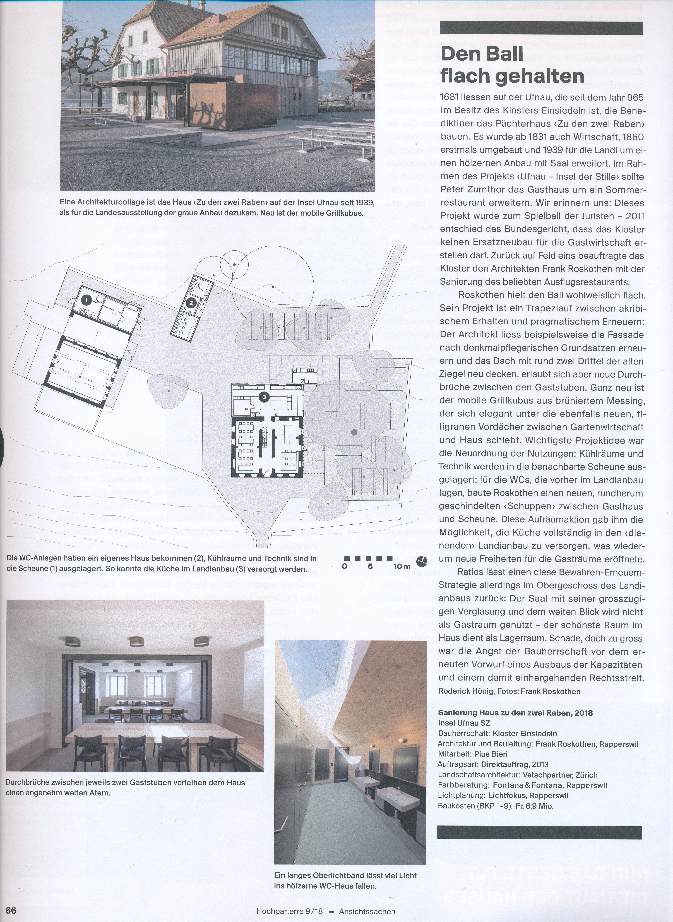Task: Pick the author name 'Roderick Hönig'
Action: coord(466,691)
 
